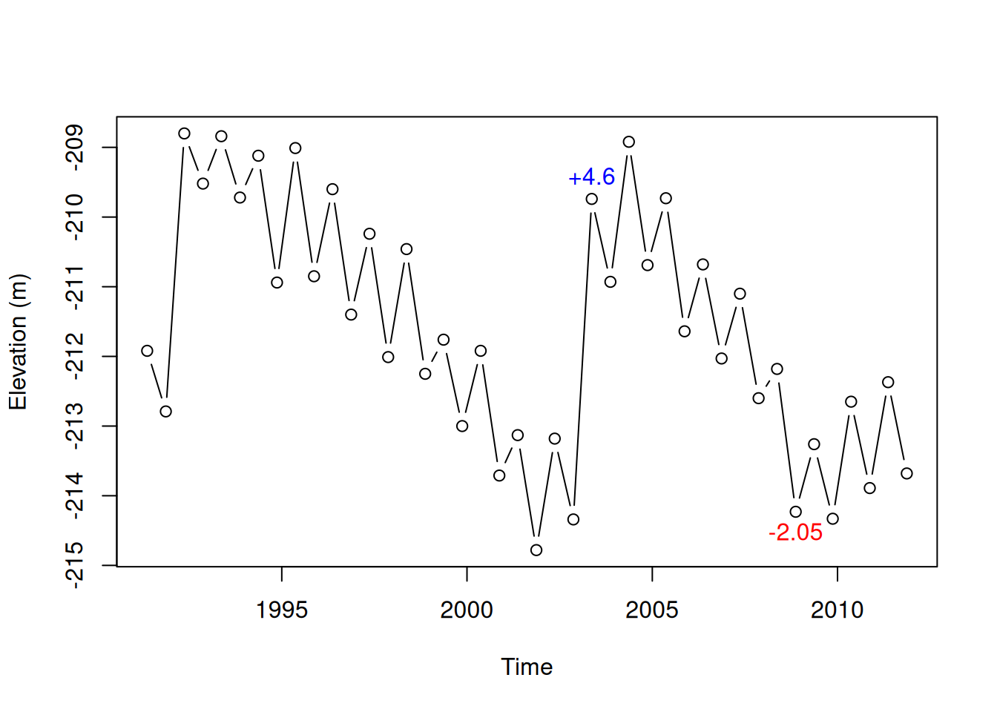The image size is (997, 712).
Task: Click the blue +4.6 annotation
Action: pos(591,177)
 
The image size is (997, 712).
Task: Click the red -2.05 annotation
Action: pos(795,533)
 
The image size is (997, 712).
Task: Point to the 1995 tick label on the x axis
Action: pos(281,610)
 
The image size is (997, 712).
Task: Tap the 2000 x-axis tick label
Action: pos(467,610)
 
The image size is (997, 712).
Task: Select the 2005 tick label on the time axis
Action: pos(651,610)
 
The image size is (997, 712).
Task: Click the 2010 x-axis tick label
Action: pos(837,610)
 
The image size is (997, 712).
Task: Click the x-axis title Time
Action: pos(527,667)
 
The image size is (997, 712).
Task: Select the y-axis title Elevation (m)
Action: pos(18,342)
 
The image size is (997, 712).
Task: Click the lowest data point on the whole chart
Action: pos(536,550)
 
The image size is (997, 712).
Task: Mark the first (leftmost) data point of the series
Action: pos(147,351)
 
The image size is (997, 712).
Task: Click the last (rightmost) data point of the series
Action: pos(906,473)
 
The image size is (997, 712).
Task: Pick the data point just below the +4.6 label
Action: pos(591,199)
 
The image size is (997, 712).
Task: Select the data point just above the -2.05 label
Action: pos(796,512)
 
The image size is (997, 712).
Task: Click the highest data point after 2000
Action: pos(629,142)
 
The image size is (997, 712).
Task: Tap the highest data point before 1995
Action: pos(184,133)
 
